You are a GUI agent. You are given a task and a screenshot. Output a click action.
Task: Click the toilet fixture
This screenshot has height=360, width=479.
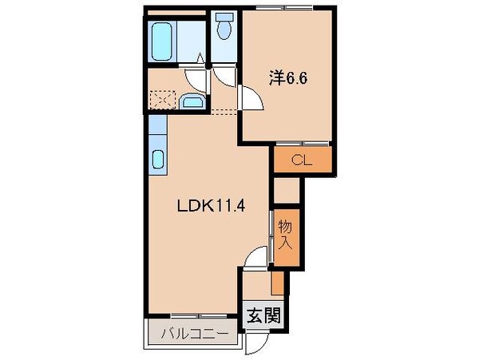click(x=224, y=29)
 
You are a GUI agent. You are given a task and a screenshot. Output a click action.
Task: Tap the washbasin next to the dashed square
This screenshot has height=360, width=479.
click(x=192, y=101)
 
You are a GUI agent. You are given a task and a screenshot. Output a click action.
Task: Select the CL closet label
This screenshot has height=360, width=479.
click(x=300, y=159)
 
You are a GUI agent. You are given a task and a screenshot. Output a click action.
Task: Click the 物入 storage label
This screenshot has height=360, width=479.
click(x=285, y=236)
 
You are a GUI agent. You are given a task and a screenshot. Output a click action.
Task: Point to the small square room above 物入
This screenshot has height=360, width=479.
click(x=286, y=188)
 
